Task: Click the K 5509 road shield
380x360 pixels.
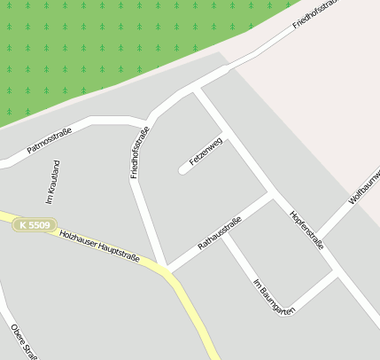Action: click(x=35, y=225)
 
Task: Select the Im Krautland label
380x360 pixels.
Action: click(x=51, y=183)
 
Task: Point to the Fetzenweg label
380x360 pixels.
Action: click(x=206, y=152)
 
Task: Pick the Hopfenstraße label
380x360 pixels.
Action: click(x=306, y=230)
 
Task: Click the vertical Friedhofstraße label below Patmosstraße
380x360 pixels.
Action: click(x=139, y=153)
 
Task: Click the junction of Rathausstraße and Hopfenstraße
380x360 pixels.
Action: click(x=268, y=192)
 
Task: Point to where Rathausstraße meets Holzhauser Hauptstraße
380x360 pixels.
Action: click(x=166, y=268)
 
